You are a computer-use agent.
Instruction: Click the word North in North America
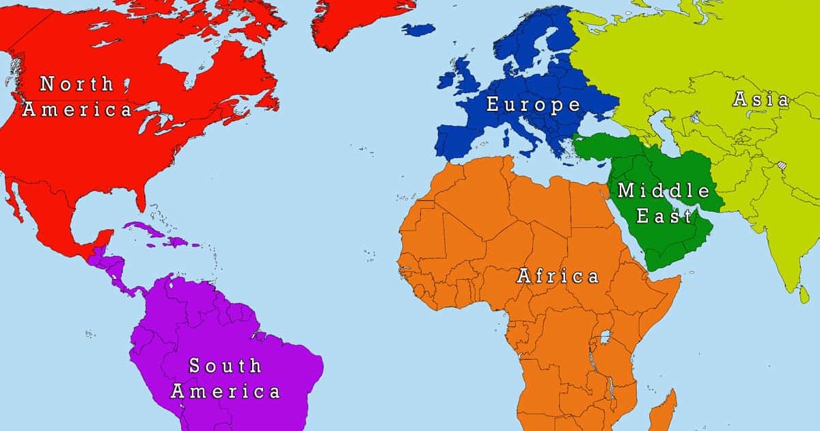coord(77,84)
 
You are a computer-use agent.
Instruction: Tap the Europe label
coord(533,105)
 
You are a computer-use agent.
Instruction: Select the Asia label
coord(761,99)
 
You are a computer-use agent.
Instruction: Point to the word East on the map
coord(664,217)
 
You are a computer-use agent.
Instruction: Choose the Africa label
coord(558,276)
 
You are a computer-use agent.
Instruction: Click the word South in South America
coord(225,366)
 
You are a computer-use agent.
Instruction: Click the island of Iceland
coord(418,29)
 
